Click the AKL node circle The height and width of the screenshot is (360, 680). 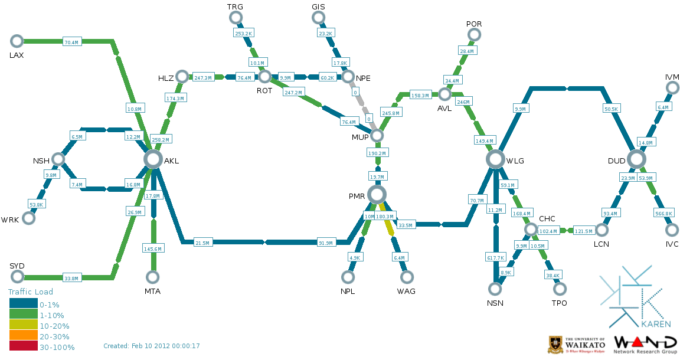coord(153,159)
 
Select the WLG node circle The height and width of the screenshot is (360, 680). coord(495,159)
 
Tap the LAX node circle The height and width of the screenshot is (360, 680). coord(17,41)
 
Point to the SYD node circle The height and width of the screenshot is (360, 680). coord(17,276)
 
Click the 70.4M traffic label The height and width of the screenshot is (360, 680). coord(71,42)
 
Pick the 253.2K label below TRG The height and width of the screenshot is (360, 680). coord(244,33)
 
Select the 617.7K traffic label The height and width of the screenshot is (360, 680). coord(496,257)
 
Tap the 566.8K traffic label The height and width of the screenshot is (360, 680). coord(664,213)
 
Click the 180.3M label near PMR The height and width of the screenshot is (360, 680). coord(385,217)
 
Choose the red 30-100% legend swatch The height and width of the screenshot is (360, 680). coord(24,346)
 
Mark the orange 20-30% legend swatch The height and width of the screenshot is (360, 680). coord(24,335)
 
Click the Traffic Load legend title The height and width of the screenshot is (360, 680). coord(30,292)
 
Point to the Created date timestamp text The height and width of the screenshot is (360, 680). coord(151,346)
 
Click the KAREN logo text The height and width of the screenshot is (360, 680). coord(656,324)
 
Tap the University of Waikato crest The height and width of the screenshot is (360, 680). coord(555,345)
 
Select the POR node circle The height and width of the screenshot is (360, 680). coord(474,35)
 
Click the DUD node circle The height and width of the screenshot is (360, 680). coord(636,159)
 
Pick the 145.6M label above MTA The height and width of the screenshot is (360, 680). coord(153,248)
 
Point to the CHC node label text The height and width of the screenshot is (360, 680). coord(547,218)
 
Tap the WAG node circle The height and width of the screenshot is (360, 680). coord(407,277)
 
